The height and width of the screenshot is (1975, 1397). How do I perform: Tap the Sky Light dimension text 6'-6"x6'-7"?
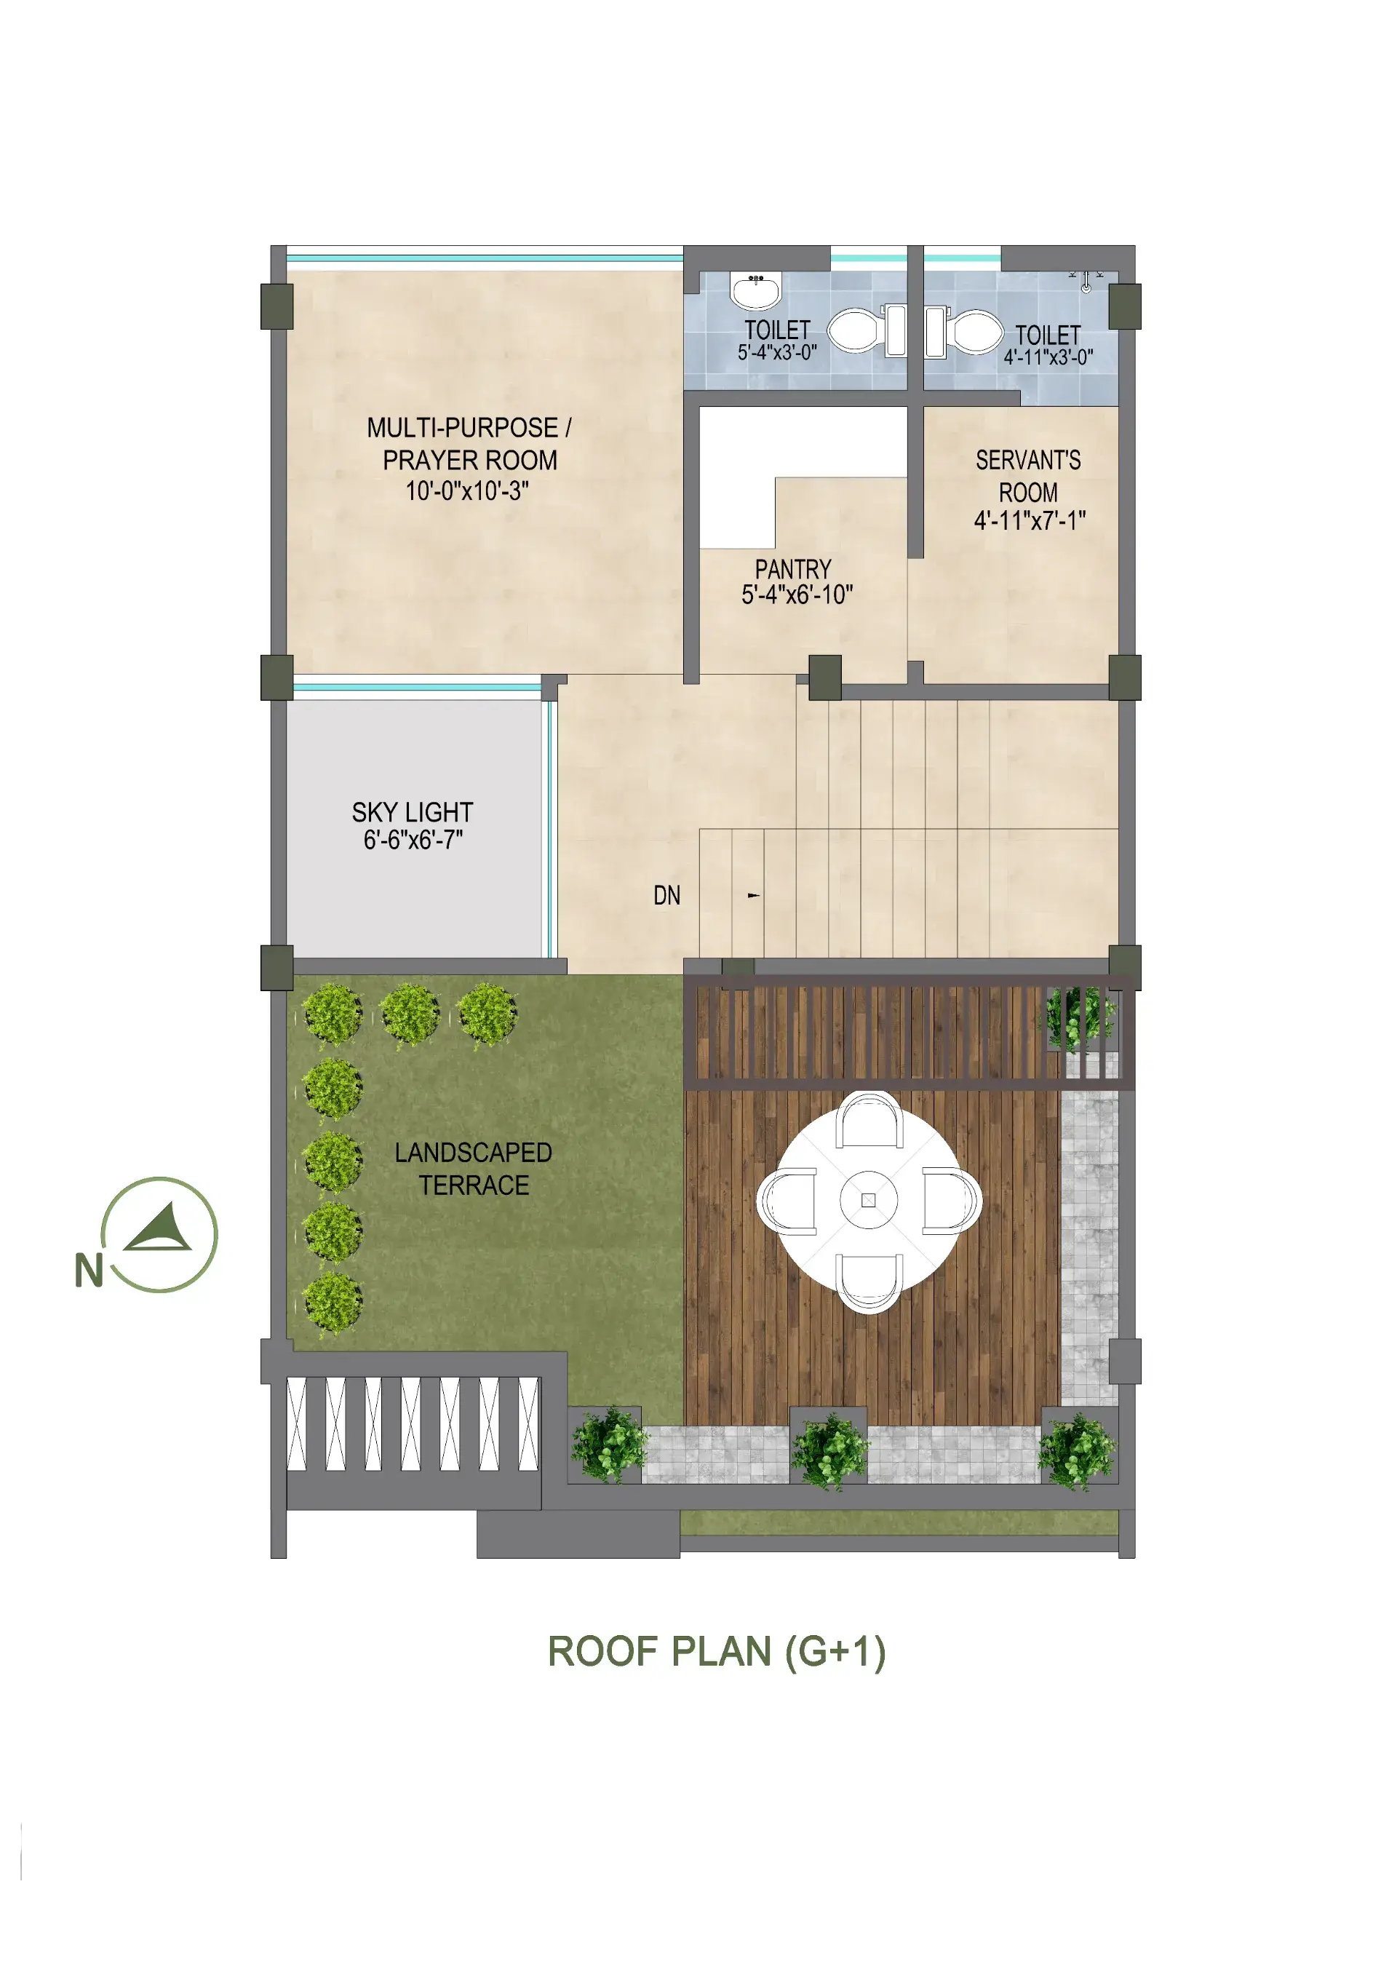[413, 841]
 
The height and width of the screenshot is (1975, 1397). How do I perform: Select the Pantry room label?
[793, 570]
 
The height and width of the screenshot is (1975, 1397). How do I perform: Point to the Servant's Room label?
[1028, 477]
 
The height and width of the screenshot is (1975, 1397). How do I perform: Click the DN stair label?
[666, 896]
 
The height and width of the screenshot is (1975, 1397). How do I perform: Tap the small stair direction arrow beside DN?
[754, 896]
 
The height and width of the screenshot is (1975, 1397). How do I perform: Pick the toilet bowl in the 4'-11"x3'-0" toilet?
[964, 332]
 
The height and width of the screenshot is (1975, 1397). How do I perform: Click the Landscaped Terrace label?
[473, 1169]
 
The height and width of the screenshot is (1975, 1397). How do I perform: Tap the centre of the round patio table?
[868, 1201]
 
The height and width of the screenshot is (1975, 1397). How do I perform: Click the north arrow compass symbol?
[159, 1234]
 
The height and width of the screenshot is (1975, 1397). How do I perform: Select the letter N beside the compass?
[89, 1271]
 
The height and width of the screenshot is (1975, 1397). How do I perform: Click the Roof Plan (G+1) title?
[717, 1652]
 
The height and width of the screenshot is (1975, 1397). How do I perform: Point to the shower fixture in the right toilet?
[1086, 280]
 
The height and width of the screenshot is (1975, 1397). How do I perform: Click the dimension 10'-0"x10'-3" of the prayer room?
[467, 491]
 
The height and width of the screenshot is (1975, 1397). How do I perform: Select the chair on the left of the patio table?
[787, 1201]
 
